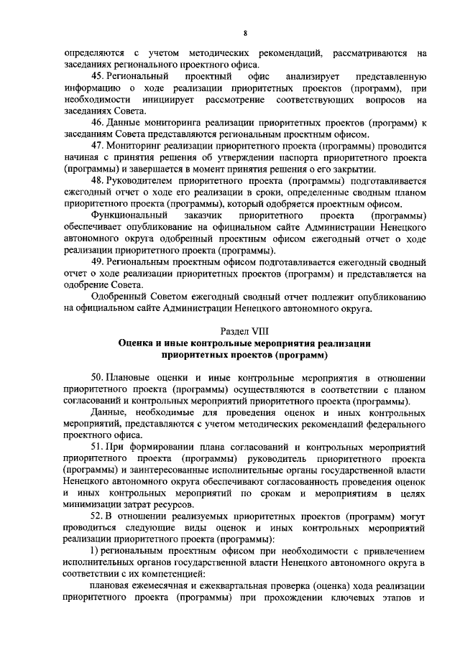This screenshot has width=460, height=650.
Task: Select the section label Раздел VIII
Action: [x=245, y=330]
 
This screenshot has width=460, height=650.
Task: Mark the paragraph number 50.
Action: [x=98, y=379]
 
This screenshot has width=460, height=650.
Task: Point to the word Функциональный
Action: [x=129, y=215]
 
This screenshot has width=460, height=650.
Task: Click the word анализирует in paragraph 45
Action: [x=310, y=75]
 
